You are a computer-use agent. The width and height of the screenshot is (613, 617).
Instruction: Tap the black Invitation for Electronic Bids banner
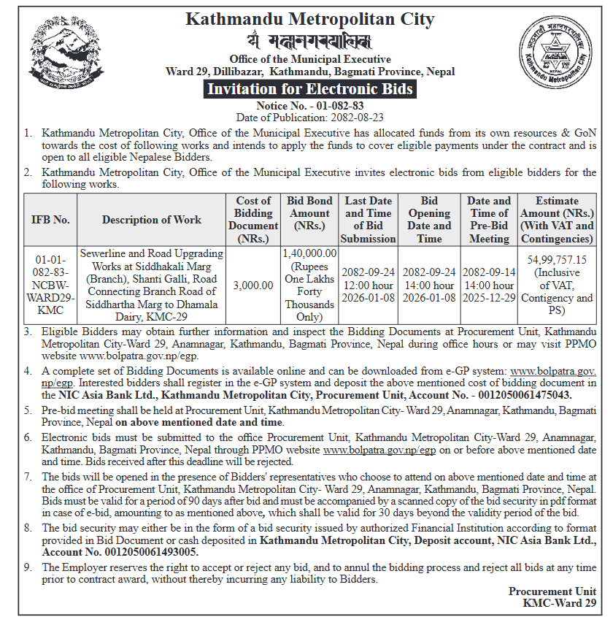point(310,89)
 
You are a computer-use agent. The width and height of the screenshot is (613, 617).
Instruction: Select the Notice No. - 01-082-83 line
point(310,106)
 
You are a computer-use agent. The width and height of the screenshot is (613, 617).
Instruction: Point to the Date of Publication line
point(310,117)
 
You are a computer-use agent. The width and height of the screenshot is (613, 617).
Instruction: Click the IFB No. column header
point(50,220)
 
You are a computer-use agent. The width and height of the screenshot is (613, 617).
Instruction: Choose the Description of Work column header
point(152,220)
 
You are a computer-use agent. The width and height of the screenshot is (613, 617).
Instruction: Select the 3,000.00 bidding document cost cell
point(253,285)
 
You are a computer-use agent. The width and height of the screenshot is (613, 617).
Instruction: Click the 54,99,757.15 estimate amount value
point(557,259)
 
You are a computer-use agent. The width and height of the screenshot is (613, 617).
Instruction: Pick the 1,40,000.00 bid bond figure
point(309,253)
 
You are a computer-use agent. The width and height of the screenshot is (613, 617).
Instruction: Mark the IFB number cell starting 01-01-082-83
point(50,285)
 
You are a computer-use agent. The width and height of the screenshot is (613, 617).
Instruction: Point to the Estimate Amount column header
point(557,220)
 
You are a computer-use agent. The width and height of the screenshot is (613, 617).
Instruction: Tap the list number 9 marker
point(27,567)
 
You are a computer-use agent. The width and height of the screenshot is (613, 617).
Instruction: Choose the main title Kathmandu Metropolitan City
point(310,19)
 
